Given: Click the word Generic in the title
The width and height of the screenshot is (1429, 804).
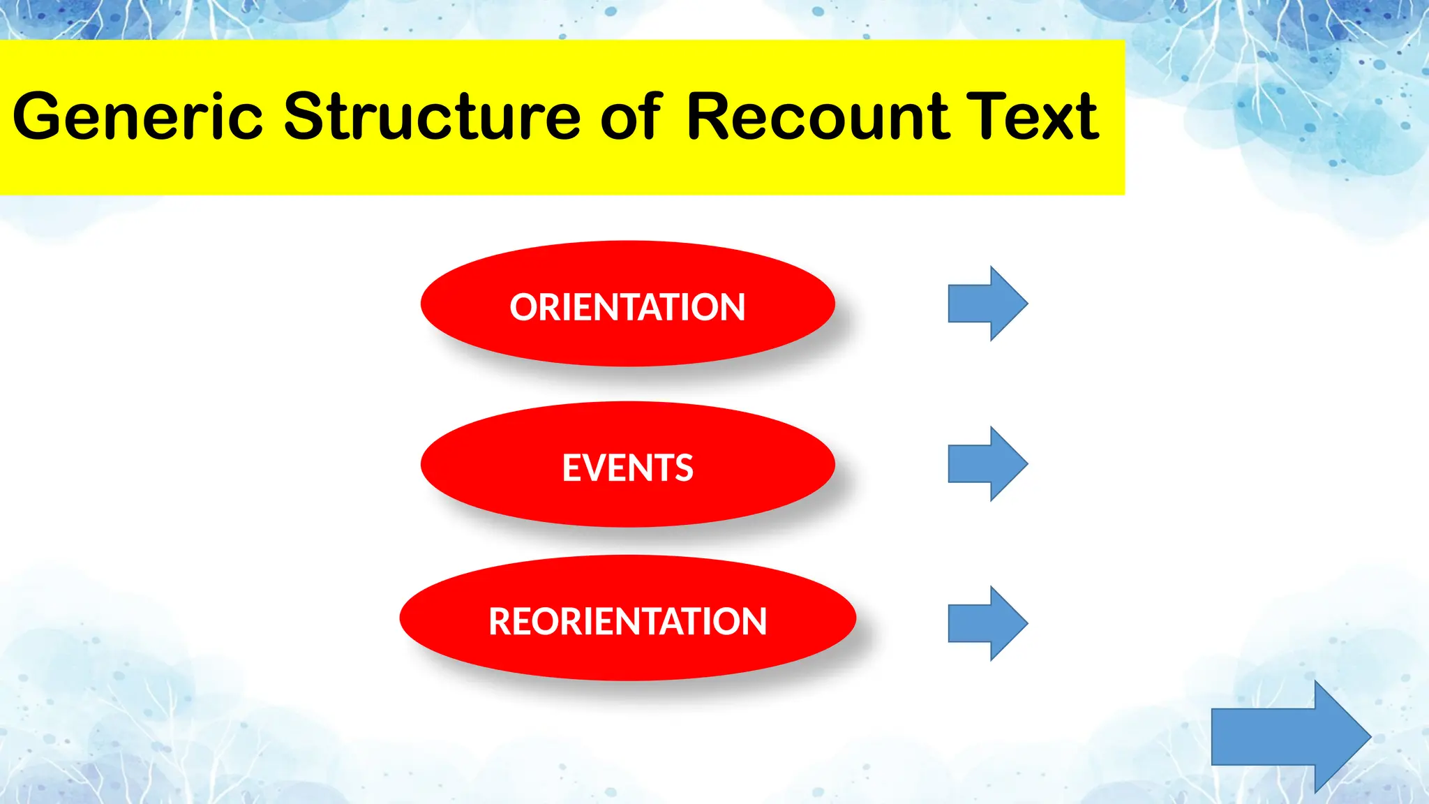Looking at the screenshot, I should tap(137, 117).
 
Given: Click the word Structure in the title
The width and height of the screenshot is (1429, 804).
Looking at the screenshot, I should tap(432, 117).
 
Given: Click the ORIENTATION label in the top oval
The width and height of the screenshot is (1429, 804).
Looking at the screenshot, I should tap(627, 307).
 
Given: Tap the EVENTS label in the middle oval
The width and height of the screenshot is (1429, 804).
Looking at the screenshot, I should tap(627, 468).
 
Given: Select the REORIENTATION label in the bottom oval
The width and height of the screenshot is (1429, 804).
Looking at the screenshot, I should tap(627, 621).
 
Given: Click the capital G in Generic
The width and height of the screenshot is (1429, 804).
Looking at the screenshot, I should tap(40, 117).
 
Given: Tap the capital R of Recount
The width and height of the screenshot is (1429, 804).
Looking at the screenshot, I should tap(712, 117).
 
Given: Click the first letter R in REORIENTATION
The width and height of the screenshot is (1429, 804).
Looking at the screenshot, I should tap(501, 621).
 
